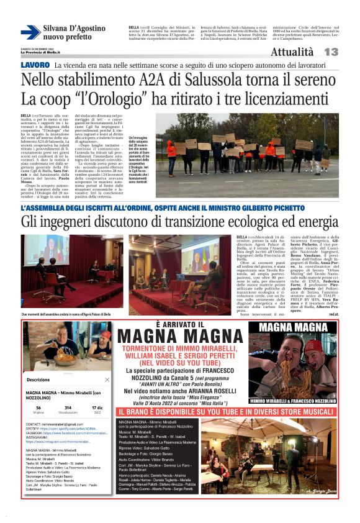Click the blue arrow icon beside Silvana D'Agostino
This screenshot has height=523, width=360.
point(30,33)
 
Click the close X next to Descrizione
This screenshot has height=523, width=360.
point(107,380)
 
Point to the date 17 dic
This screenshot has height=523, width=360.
point(97,407)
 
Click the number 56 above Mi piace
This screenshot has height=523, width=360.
point(38,407)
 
